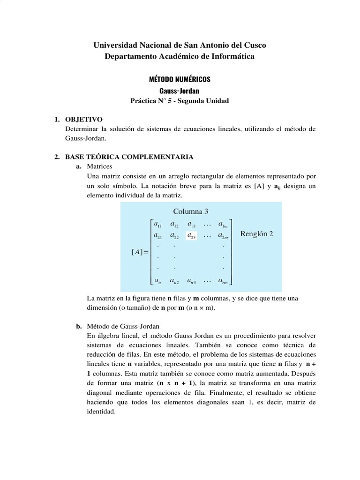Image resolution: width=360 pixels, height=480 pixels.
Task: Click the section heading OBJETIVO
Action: point(83,120)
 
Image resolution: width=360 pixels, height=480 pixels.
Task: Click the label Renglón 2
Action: point(256,234)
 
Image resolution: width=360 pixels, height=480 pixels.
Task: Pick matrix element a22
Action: point(174,236)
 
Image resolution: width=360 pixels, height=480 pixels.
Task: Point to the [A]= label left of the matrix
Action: point(140,253)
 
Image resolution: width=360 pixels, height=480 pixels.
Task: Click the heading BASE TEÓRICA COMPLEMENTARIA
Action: point(129,157)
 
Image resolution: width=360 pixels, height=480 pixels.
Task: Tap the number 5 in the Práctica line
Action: point(179,101)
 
